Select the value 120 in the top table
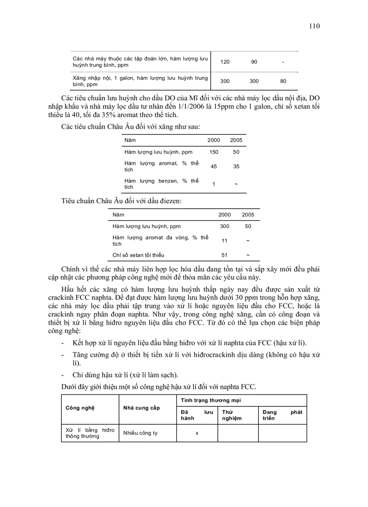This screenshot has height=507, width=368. pos(225,62)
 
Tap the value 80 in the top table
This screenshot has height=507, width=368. pos(283,81)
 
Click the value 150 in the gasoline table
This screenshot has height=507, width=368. pos(214,152)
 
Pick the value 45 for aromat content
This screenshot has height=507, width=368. pos(214,166)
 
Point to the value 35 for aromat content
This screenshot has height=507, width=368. pos(236,166)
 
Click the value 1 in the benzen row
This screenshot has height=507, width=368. pos(214,184)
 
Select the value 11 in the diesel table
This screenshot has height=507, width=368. pos(224,241)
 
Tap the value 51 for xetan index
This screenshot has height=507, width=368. pos(224,255)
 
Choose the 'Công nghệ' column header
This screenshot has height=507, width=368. pos(79,408)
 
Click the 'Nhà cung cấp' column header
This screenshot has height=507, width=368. pos(142,408)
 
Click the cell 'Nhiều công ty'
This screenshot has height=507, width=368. pos(140,433)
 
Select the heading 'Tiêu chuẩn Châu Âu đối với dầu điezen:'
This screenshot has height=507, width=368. pos(122,201)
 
